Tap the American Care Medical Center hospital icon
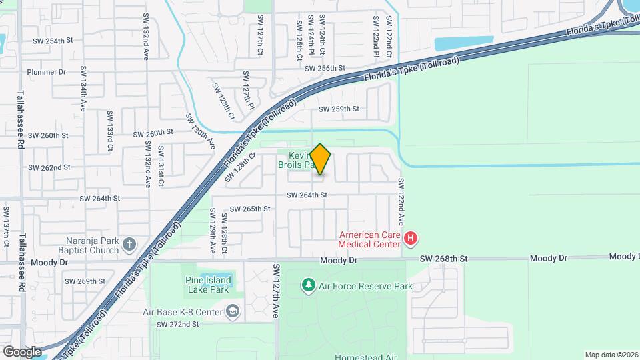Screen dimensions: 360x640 click(411, 238)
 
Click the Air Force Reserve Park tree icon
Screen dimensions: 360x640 click(308, 286)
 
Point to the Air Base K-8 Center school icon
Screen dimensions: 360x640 click(232, 311)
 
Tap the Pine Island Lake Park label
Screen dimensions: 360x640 click(207, 285)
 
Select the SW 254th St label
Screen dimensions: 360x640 click(53, 41)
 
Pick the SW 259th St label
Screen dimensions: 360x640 click(339, 109)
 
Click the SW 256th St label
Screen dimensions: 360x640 click(325, 69)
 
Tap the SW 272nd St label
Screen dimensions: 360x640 click(178, 325)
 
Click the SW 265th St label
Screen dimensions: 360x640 click(250, 209)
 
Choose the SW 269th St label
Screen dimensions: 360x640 click(85, 281)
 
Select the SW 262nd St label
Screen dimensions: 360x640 click(49, 167)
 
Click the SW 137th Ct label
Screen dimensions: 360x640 click(6, 227)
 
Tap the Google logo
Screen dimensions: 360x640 click(21, 351)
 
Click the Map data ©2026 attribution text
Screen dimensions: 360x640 click(611, 355)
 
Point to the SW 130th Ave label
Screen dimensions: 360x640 click(201, 131)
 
